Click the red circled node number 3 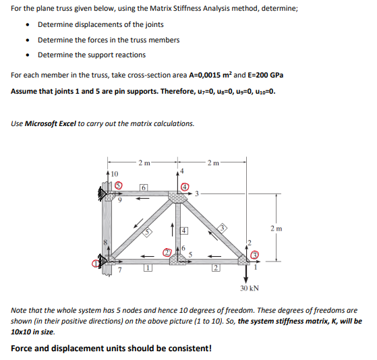point(255,255)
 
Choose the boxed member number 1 point(146,269)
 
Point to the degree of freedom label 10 point(114,173)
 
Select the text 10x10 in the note point(24,332)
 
